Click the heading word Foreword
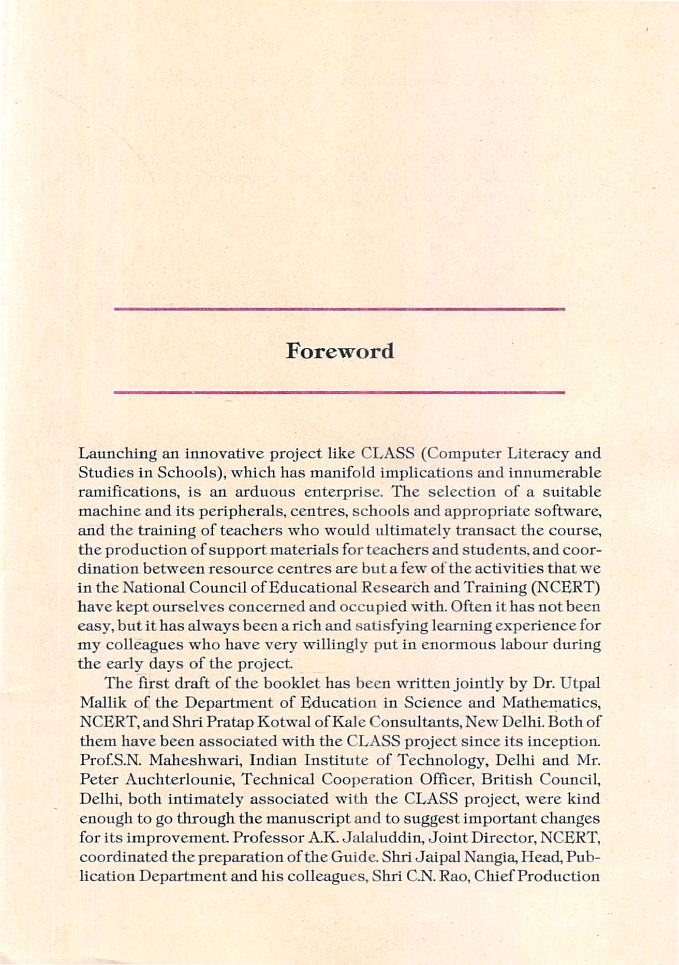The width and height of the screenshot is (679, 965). [339, 351]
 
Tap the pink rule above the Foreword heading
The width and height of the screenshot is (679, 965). [338, 309]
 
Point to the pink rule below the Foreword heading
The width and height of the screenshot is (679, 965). [338, 393]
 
